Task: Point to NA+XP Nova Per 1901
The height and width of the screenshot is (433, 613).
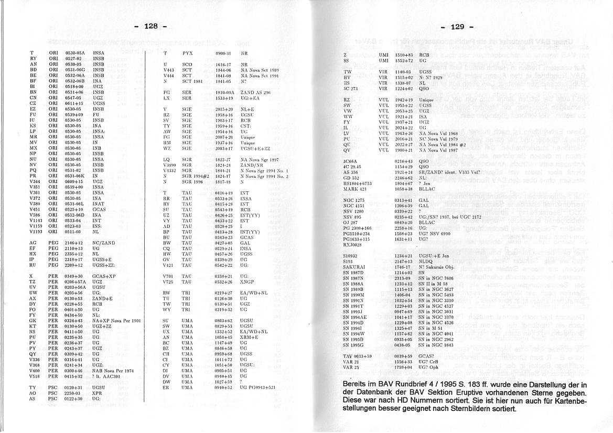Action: tap(116, 320)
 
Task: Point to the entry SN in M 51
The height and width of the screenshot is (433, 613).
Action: tap(432, 328)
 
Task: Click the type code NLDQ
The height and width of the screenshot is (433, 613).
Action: tap(426, 261)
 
